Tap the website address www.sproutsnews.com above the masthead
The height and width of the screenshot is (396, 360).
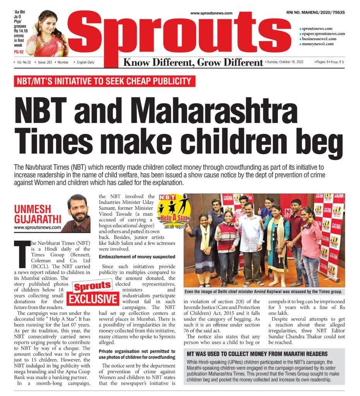[x=211, y=13]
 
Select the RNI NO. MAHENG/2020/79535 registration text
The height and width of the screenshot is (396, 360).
[x=316, y=12]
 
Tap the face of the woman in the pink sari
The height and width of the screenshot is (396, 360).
[x=50, y=24]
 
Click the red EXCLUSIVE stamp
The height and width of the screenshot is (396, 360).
[x=93, y=299]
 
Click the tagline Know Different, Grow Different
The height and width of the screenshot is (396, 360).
[x=193, y=62]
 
